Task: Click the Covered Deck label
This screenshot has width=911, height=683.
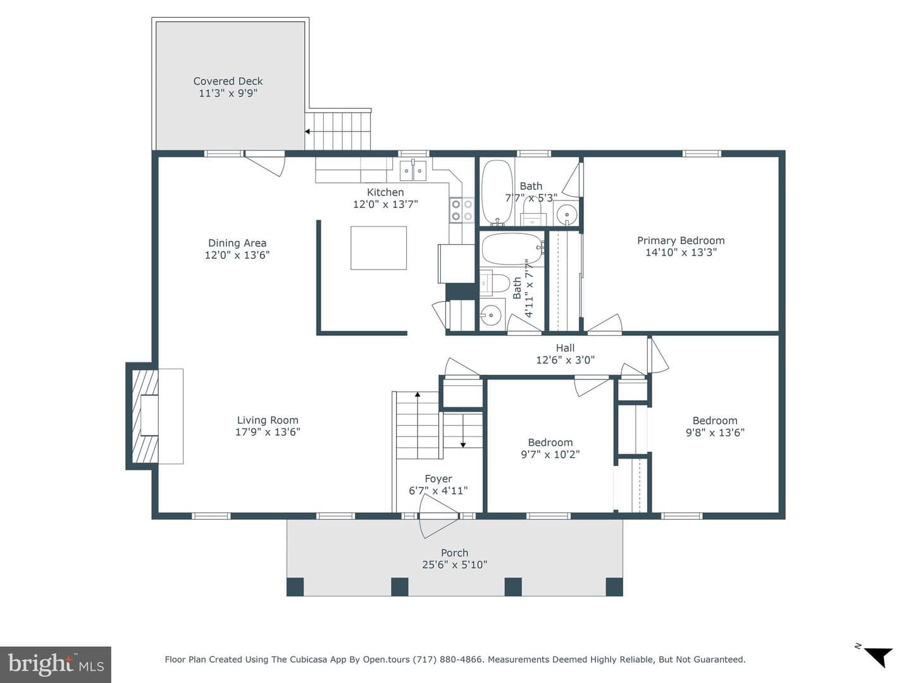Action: [x=228, y=81]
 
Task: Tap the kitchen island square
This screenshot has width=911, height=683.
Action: [x=378, y=248]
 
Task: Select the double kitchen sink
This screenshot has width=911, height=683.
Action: [x=413, y=171]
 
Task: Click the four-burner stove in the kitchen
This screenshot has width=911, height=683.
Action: [x=462, y=210]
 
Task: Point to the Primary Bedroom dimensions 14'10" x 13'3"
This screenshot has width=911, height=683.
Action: [x=681, y=252]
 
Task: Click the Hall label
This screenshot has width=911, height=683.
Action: [x=566, y=348]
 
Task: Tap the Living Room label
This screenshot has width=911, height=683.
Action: [x=268, y=420]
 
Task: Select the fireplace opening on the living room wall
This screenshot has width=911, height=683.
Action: [x=149, y=415]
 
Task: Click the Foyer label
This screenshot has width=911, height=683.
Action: [x=438, y=479]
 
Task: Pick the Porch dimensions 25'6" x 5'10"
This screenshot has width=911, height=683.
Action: [x=454, y=564]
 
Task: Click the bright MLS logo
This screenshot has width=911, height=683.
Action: [x=56, y=664]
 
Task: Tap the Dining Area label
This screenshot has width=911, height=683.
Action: [x=237, y=243]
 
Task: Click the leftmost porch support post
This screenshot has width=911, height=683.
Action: [x=295, y=587]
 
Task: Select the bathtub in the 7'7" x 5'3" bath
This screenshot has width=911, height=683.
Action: [x=497, y=193]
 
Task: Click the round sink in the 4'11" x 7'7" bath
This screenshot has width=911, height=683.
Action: [x=492, y=316]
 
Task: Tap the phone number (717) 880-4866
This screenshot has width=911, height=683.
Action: [x=449, y=659]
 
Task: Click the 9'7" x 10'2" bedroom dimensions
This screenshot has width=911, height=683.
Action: [x=550, y=454]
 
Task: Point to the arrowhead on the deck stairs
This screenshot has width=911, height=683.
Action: [x=307, y=132]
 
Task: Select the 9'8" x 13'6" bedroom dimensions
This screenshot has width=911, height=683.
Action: [x=715, y=433]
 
